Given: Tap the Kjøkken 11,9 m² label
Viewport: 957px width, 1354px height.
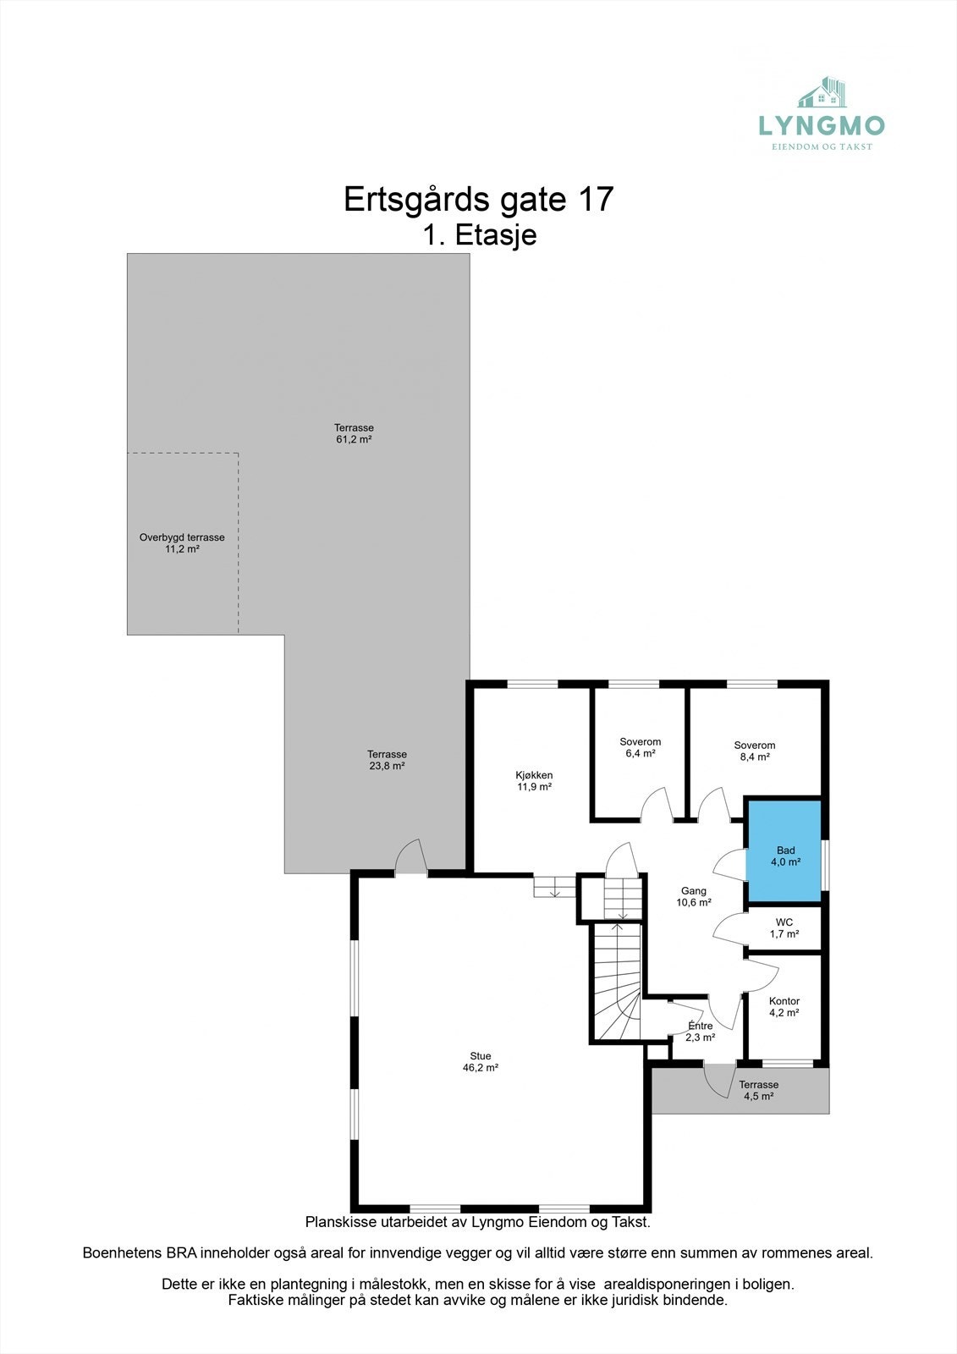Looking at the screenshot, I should pyautogui.click(x=534, y=780).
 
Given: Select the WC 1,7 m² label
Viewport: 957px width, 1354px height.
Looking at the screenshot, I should pyautogui.click(x=784, y=928).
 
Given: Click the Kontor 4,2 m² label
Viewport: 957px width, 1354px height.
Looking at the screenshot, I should pyautogui.click(x=784, y=1006).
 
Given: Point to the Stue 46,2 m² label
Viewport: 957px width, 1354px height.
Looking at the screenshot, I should pyautogui.click(x=480, y=1061).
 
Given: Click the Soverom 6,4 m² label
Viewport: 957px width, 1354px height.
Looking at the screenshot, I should pyautogui.click(x=640, y=747).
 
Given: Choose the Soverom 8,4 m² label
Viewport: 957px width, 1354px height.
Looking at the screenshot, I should pyautogui.click(x=754, y=751).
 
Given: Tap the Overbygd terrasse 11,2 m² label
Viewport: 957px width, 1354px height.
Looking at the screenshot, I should pyautogui.click(x=182, y=542).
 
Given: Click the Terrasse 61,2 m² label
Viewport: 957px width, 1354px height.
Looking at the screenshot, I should pyautogui.click(x=354, y=433).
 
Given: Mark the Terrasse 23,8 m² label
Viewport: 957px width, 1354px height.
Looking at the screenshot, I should pyautogui.click(x=387, y=759).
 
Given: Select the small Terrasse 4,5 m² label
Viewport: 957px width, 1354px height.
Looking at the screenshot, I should pyautogui.click(x=758, y=1090).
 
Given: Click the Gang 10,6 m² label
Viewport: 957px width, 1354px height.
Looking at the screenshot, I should pyautogui.click(x=693, y=896).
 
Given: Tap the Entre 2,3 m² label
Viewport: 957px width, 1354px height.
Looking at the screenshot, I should pyautogui.click(x=700, y=1031).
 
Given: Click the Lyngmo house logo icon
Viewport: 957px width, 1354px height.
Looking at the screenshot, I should pyautogui.click(x=823, y=93).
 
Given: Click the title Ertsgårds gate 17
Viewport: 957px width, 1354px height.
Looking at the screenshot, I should pyautogui.click(x=478, y=200).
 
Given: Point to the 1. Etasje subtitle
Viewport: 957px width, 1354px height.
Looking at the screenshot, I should pyautogui.click(x=480, y=234).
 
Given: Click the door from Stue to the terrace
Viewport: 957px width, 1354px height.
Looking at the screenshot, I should pyautogui.click(x=411, y=859).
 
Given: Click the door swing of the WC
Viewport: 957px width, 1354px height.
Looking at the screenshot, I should pyautogui.click(x=729, y=930).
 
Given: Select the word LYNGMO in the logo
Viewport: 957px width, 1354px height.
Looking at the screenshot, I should pyautogui.click(x=821, y=126).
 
